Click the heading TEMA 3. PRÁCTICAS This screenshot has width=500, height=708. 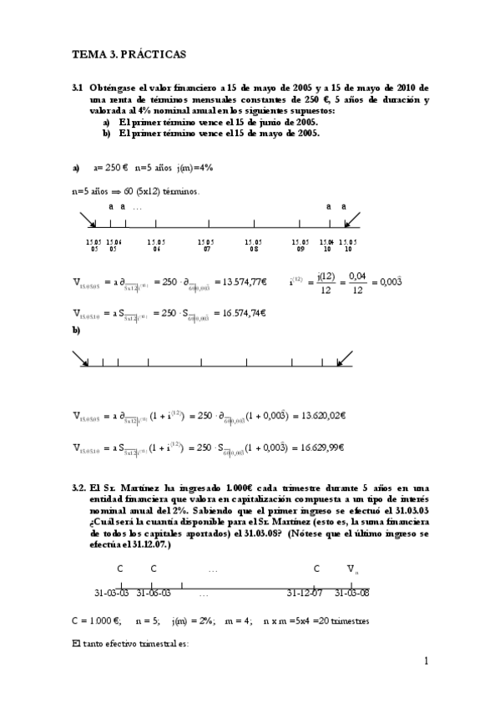pyautogui.click(x=129, y=53)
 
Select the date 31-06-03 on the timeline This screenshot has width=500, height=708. pyautogui.click(x=153, y=593)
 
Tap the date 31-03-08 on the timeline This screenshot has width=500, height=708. pyautogui.click(x=351, y=593)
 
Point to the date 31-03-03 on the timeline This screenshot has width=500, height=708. pyautogui.click(x=112, y=593)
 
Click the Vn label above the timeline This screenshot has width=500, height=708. pyautogui.click(x=354, y=569)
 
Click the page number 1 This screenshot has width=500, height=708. pyautogui.click(x=425, y=662)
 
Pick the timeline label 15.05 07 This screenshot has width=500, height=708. pyautogui.click(x=207, y=245)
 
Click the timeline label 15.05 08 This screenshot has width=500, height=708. pyautogui.click(x=253, y=245)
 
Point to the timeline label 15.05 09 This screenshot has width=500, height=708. pyautogui.click(x=301, y=245)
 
